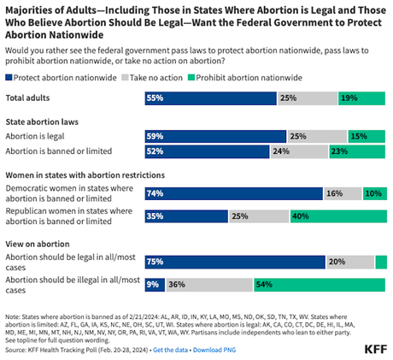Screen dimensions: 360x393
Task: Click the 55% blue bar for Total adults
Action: (210, 98)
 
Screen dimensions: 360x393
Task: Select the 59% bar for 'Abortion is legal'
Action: (214, 136)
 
